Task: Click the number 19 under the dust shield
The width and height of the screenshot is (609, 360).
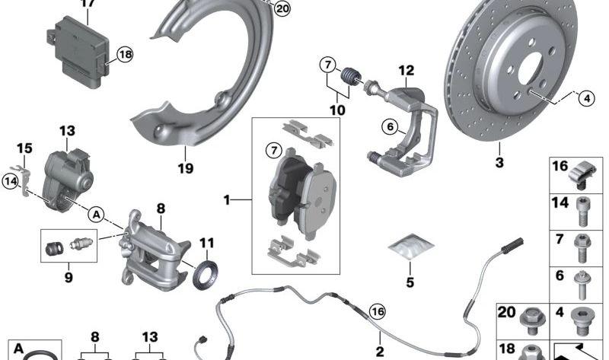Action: pyautogui.click(x=185, y=168)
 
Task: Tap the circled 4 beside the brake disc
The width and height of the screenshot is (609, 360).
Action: pyautogui.click(x=586, y=99)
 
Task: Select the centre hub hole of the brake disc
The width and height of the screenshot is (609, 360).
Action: pyautogui.click(x=530, y=68)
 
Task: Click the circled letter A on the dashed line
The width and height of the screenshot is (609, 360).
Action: pyautogui.click(x=96, y=215)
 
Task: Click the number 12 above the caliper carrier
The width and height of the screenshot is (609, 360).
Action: pyautogui.click(x=407, y=70)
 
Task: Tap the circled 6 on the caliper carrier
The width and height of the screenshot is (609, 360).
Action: pyautogui.click(x=390, y=126)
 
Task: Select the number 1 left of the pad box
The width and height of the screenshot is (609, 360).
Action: pyautogui.click(x=227, y=200)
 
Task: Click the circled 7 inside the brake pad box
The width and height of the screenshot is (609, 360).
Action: pyautogui.click(x=274, y=150)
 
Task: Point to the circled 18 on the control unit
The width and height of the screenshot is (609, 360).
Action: pyautogui.click(x=125, y=54)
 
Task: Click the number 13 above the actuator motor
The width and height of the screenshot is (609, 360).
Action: pyautogui.click(x=67, y=131)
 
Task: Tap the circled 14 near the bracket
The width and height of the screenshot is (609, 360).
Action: pyautogui.click(x=11, y=181)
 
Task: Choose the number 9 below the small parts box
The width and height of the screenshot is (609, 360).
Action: pyautogui.click(x=69, y=277)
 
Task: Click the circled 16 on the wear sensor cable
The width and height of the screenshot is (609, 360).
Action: pyautogui.click(x=377, y=311)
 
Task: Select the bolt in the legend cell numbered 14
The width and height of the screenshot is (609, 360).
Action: pyautogui.click(x=582, y=212)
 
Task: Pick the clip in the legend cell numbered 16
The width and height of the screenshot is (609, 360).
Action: pyautogui.click(x=582, y=176)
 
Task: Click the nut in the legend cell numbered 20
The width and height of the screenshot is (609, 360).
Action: pyautogui.click(x=530, y=320)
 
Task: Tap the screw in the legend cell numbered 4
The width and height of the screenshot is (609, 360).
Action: pyautogui.click(x=582, y=322)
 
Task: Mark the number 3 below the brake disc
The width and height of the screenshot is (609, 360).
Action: pyautogui.click(x=499, y=162)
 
